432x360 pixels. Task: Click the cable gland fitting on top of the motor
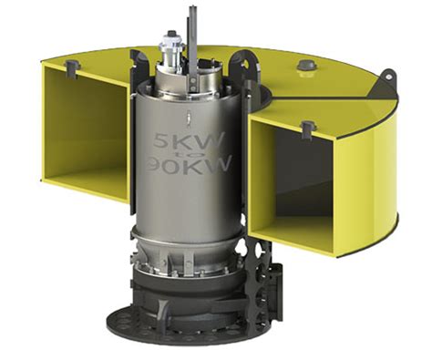[170, 43]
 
